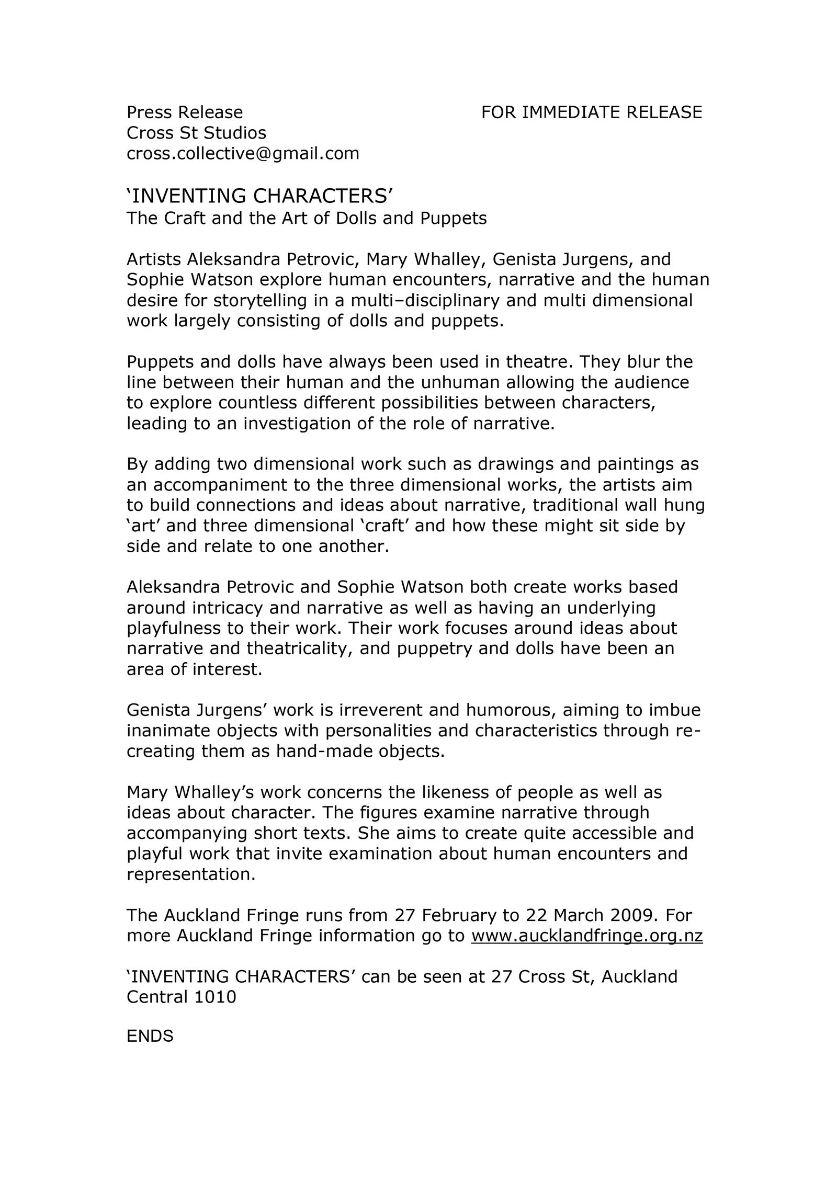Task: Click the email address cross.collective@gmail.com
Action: (x=243, y=154)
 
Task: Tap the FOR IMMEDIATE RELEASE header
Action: (x=591, y=112)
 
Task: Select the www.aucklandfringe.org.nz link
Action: (x=586, y=936)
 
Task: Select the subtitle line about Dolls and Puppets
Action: (x=307, y=218)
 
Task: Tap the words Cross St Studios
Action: (x=196, y=133)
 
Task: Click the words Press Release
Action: (x=185, y=112)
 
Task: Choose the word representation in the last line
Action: (x=190, y=874)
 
